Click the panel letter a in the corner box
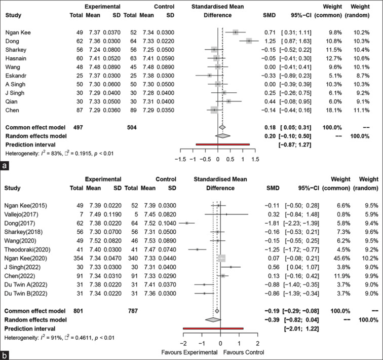[x=5, y=165]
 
